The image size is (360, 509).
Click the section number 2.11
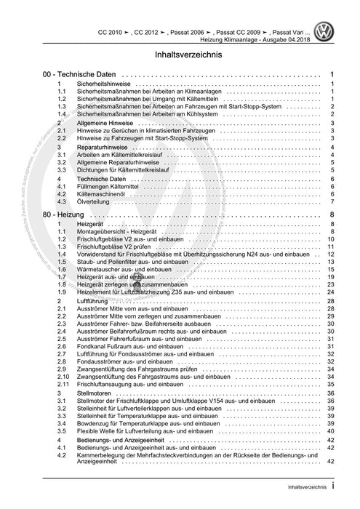pyautogui.click(x=64, y=384)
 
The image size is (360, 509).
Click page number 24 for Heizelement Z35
pyautogui.click(x=329, y=292)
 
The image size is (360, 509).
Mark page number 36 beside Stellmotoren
pyautogui.click(x=329, y=393)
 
